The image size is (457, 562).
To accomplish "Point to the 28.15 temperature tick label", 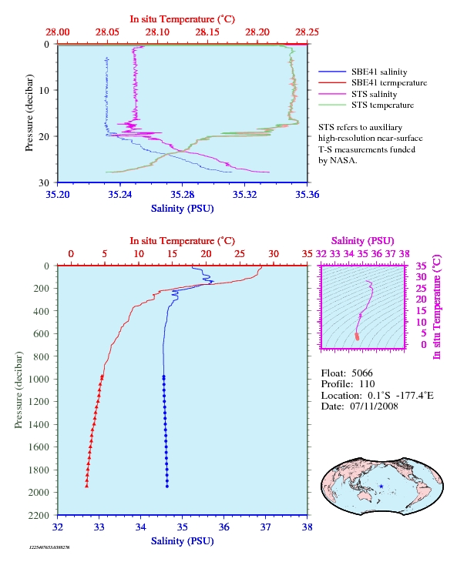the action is pos(207,32).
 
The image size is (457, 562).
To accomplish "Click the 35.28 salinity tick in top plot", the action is pos(182,195).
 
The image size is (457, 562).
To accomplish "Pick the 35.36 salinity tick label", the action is pos(307,195).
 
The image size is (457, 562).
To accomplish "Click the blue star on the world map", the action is pos(381,487).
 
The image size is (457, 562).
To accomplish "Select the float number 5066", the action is pos(362,373).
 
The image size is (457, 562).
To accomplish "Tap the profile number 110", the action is pos(367,384).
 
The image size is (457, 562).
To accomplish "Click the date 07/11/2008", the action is pos(374,406).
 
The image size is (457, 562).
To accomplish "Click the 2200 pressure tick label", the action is pos(39,515).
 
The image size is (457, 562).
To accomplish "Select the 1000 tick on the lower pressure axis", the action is pos(39,379).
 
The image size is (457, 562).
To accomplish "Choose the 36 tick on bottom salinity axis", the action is pos(223,527).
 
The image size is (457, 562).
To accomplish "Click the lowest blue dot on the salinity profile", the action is pos(167,487).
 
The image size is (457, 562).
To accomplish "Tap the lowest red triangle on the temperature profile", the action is pos(86,486).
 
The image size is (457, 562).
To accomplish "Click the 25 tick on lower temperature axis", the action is pos(240,254).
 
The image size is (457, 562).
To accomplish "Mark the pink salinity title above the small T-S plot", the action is pos(363,241).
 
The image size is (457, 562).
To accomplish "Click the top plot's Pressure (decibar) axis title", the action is pos(29,113).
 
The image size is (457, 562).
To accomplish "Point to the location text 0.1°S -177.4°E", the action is pos(401,396).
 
